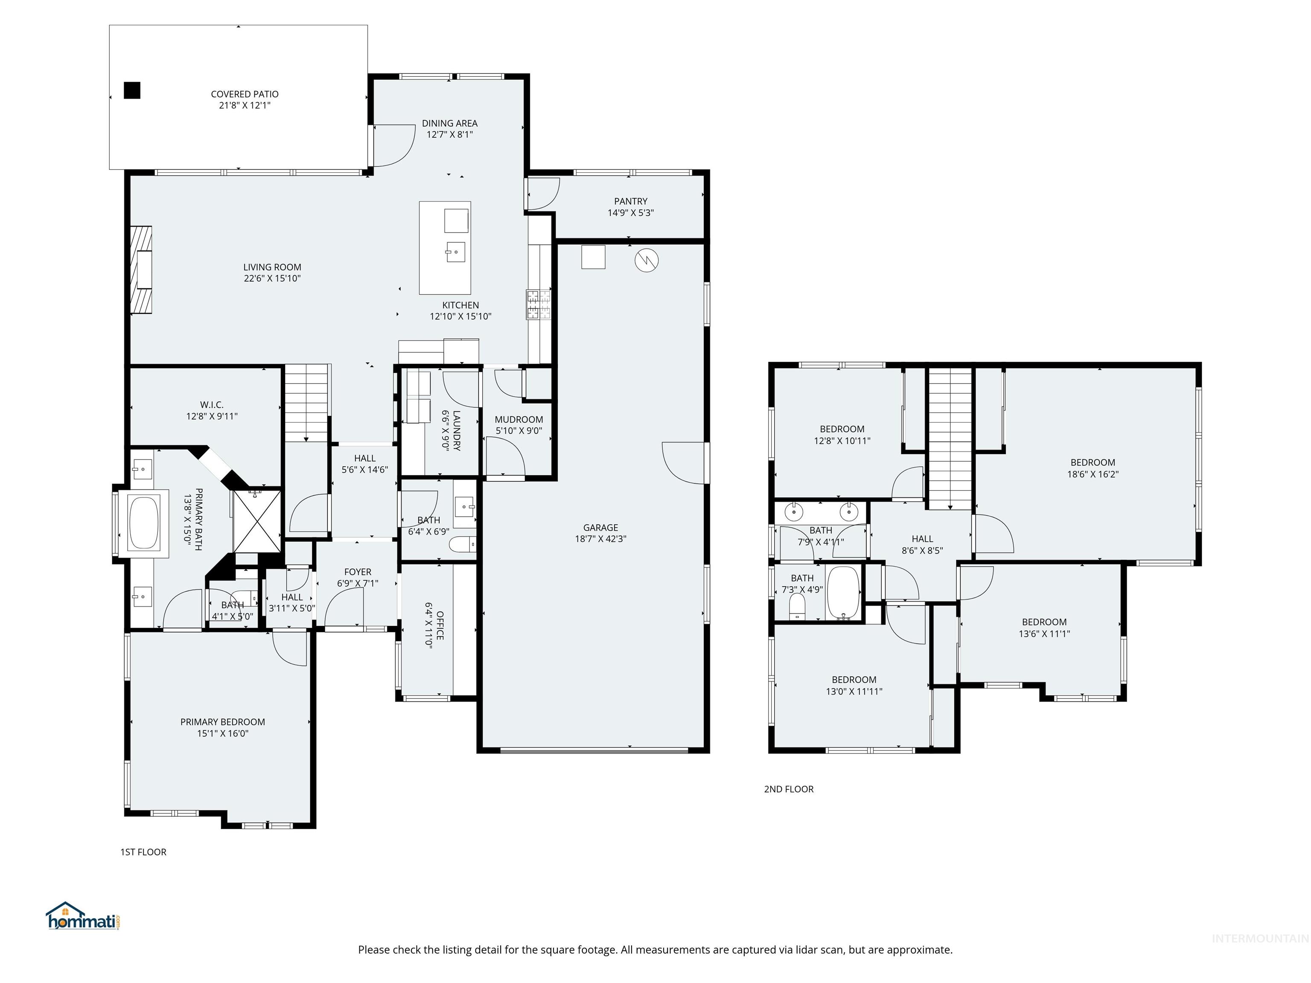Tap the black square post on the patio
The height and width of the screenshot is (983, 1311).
pyautogui.click(x=132, y=90)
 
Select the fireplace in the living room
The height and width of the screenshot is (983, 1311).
pyautogui.click(x=141, y=270)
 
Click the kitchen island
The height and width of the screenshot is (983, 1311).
pyautogui.click(x=445, y=248)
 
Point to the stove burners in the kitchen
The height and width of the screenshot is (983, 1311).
pyautogui.click(x=538, y=304)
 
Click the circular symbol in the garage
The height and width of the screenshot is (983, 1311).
pyautogui.click(x=646, y=260)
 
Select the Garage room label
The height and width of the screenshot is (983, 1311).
pyautogui.click(x=600, y=527)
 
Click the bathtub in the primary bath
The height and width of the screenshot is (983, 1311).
pyautogui.click(x=144, y=523)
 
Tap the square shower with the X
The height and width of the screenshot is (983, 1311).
pyautogui.click(x=256, y=520)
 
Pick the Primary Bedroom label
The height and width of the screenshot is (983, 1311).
pyautogui.click(x=222, y=722)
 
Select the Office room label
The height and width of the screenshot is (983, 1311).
pyautogui.click(x=440, y=625)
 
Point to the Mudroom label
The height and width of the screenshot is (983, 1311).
pyautogui.click(x=519, y=419)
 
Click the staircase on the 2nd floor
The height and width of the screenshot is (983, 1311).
pyautogui.click(x=950, y=439)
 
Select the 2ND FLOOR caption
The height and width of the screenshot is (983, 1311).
pyautogui.click(x=788, y=789)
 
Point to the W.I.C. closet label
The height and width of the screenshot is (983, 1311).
pyautogui.click(x=212, y=405)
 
